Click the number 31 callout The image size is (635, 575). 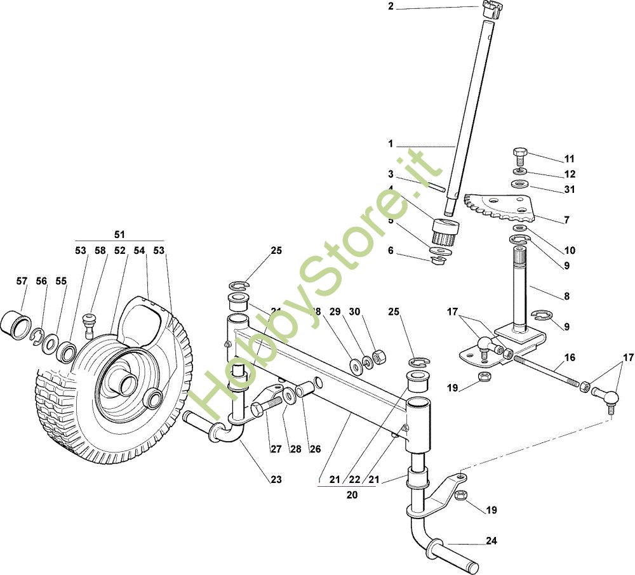pos(569,189)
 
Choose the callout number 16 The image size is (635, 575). pos(570,358)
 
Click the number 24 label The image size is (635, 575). pos(492,541)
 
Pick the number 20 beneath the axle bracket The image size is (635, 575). pos(352,494)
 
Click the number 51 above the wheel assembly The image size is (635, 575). pos(119,234)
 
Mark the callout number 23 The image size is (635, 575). pos(275,480)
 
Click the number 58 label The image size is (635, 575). pos(100,251)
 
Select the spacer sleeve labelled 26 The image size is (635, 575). pos(305,388)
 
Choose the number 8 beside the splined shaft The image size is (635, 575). pos(566,296)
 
